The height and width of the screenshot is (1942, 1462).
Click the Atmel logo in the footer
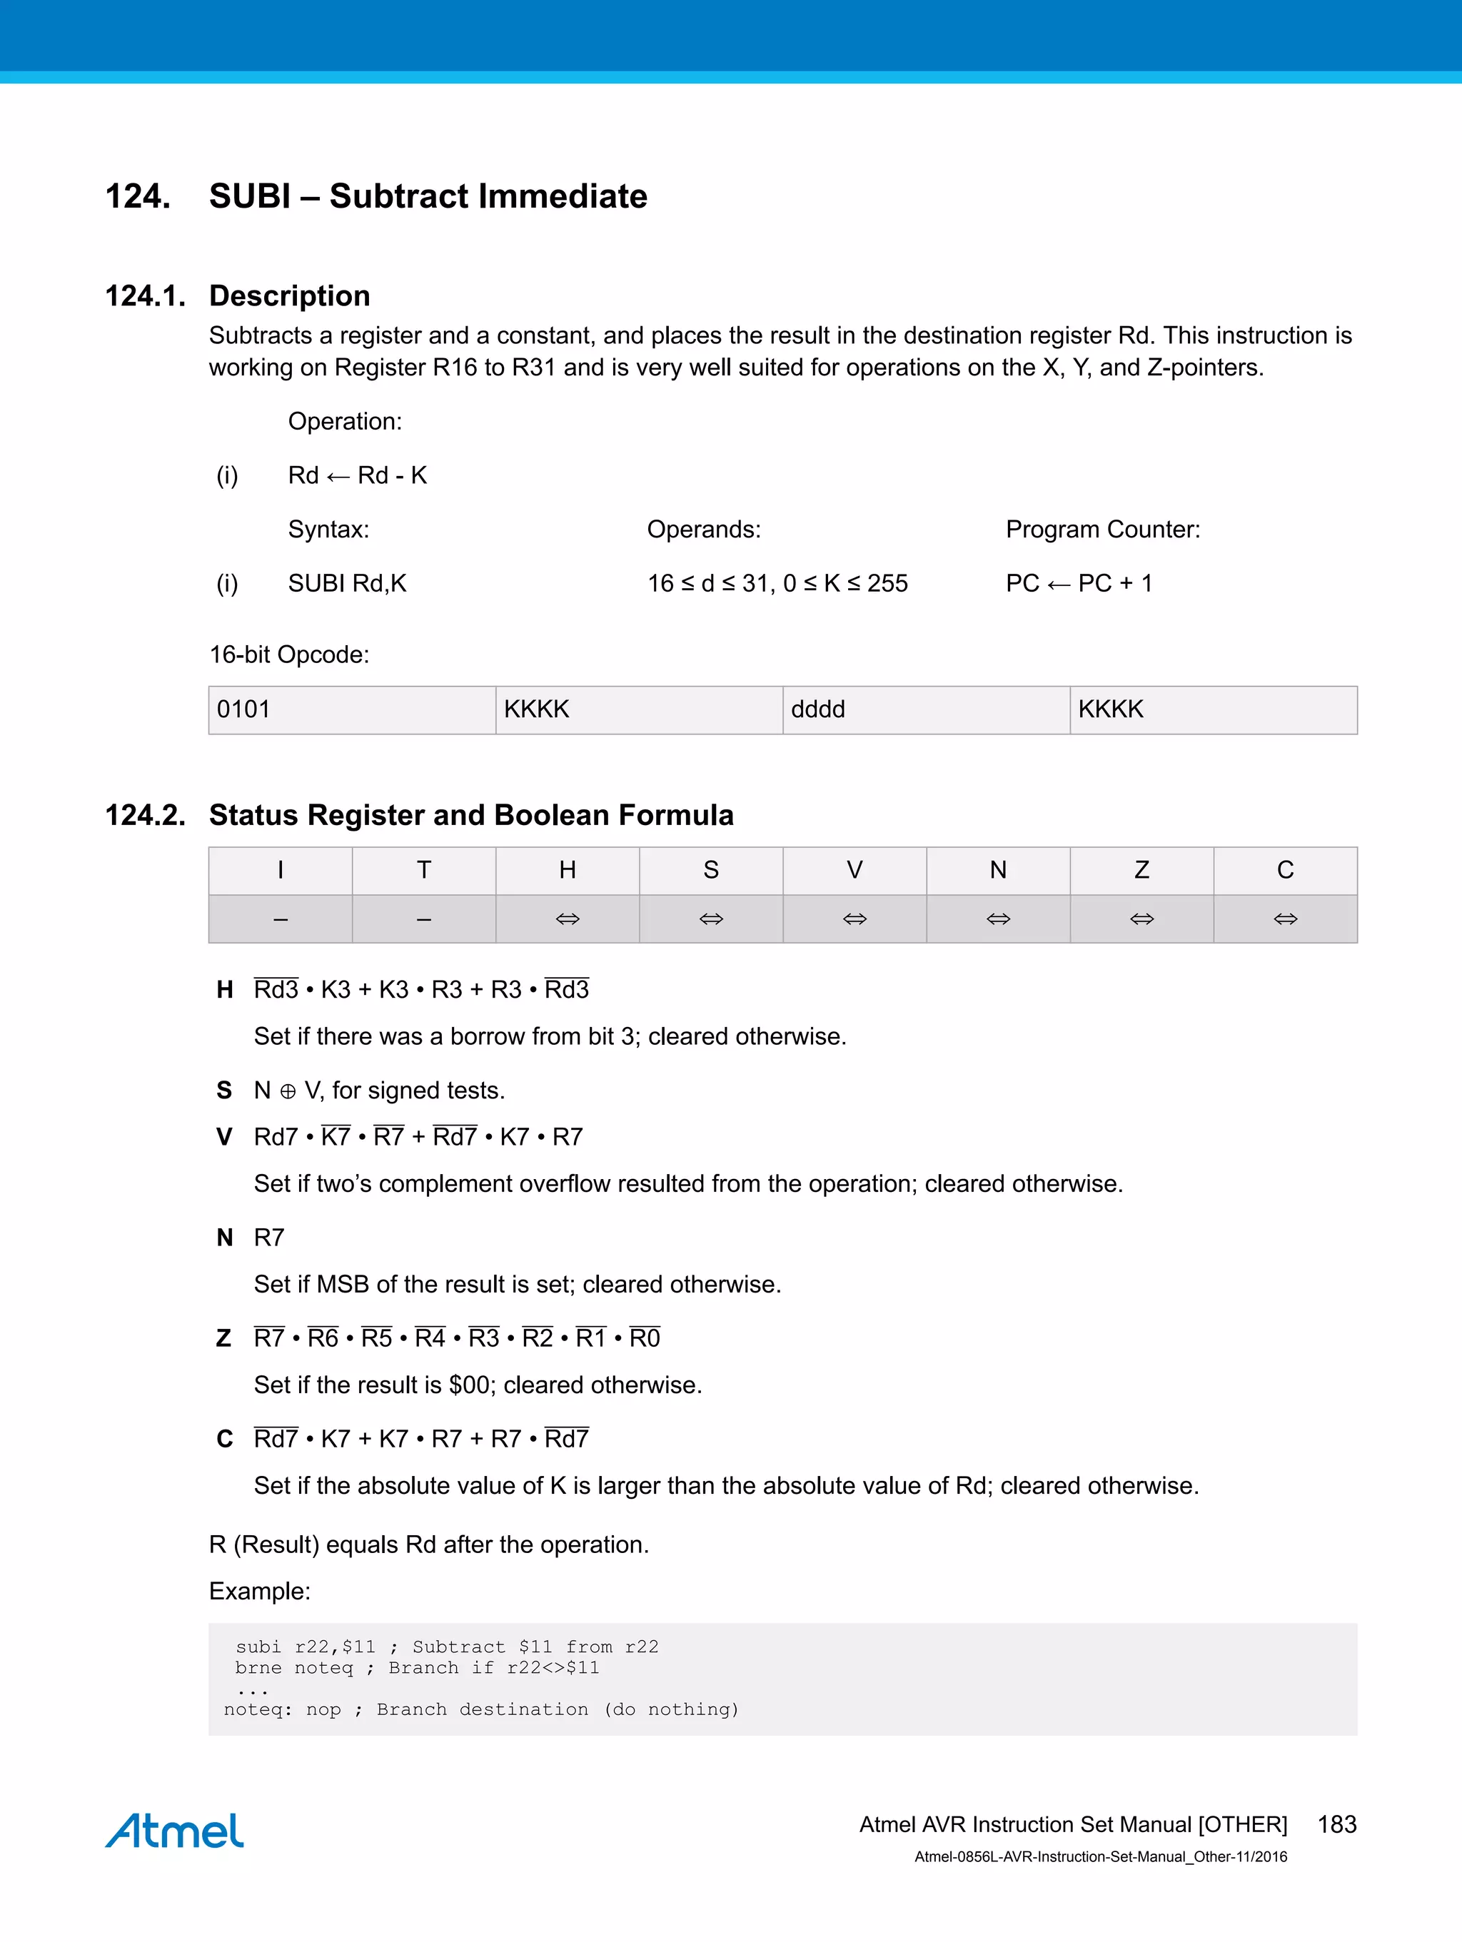pos(175,1831)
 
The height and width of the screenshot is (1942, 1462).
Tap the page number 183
pos(1336,1824)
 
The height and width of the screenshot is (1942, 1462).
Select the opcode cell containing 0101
pos(351,709)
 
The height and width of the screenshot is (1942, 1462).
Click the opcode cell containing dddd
pos(925,709)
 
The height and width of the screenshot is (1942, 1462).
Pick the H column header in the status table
pos(568,870)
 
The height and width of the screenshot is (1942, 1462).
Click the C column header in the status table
pos(1285,870)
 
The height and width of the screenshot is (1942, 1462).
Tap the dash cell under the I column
pos(280,919)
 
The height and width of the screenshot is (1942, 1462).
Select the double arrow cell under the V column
pos(854,919)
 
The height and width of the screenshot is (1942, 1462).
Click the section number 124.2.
pos(145,815)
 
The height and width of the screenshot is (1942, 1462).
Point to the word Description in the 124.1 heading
pos(289,296)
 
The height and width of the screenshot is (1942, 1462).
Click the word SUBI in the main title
pos(249,196)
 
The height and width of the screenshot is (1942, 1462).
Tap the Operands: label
pos(703,530)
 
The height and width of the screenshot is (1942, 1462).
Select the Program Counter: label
pos(1102,530)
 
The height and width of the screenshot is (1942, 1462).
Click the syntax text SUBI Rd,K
pos(347,584)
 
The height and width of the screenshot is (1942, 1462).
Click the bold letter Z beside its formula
pos(224,1338)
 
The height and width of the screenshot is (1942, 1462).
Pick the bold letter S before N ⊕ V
pos(224,1091)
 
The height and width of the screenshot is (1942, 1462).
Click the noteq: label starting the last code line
pos(256,1709)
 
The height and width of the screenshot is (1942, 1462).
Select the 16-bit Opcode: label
pos(289,655)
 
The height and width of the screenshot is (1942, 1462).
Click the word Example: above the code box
pos(259,1591)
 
